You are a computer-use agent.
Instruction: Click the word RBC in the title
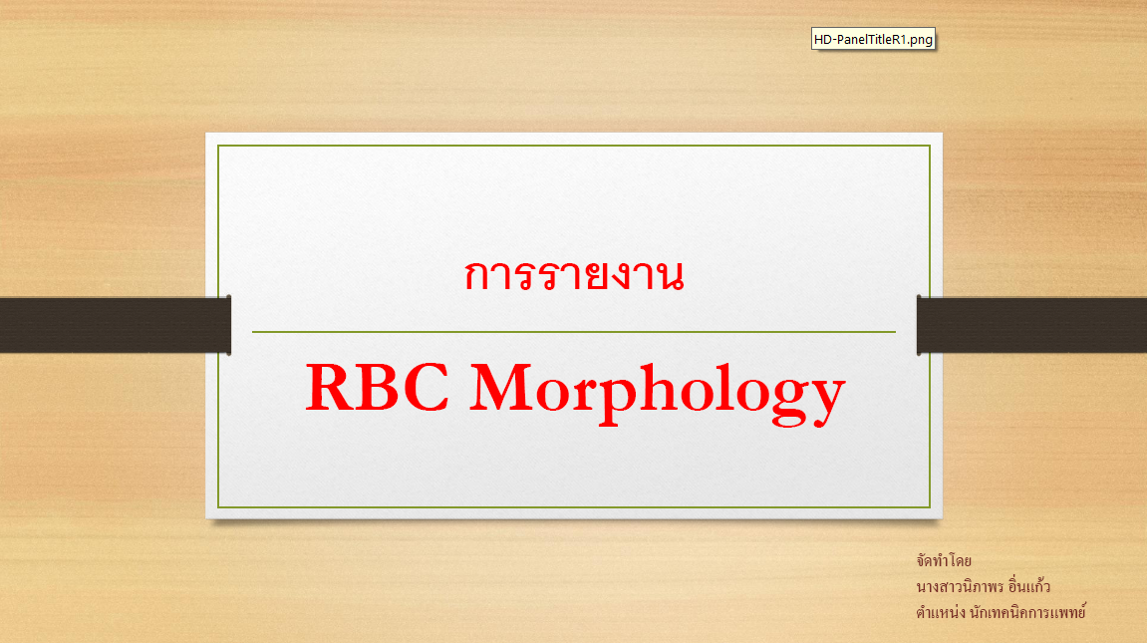point(378,388)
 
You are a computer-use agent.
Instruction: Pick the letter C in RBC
point(426,388)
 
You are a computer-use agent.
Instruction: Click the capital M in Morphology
point(502,388)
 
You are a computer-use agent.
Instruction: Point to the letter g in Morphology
point(786,401)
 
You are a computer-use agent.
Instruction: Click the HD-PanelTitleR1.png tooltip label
point(873,40)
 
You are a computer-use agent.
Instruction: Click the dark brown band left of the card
point(115,326)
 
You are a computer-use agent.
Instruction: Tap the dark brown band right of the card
point(1031,326)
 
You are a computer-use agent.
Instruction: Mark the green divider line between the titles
point(574,332)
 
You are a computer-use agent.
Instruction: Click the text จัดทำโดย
point(944,561)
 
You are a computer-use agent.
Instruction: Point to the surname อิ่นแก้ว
point(1029,586)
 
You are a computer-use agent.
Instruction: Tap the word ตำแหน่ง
point(941,611)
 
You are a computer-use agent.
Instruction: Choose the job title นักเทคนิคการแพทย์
point(1027,611)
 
